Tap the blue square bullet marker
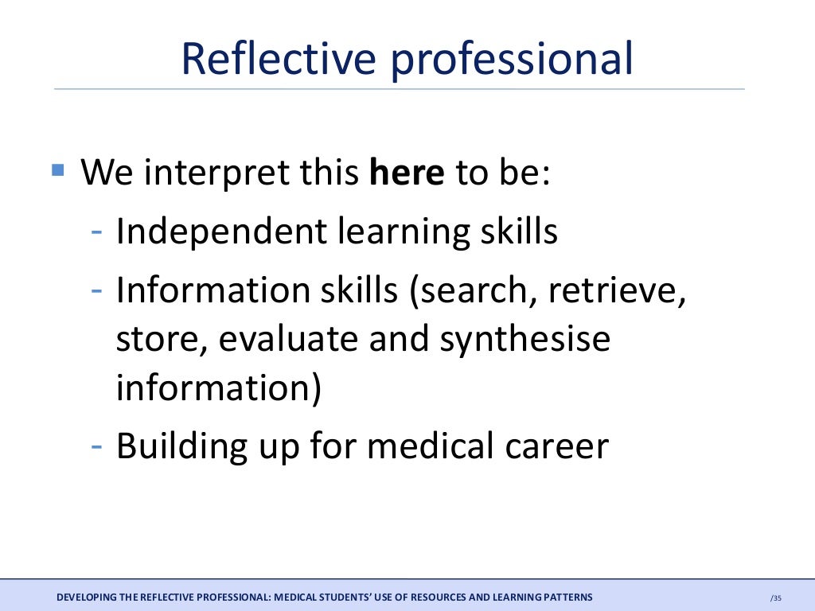click(57, 169)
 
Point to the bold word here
click(407, 172)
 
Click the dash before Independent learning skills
click(96, 232)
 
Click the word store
click(158, 340)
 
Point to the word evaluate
click(288, 340)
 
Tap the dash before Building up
click(96, 445)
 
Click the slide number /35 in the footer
click(776, 597)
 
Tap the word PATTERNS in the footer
click(566, 597)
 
